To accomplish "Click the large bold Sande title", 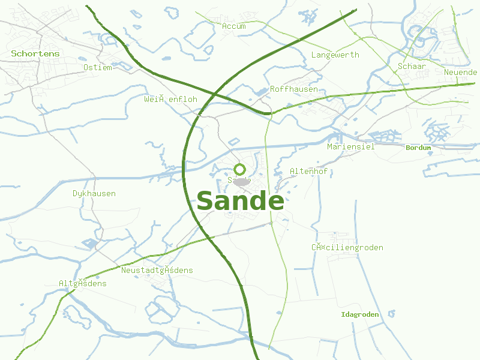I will pyautogui.click(x=240, y=202).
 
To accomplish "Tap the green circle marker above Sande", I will pyautogui.click(x=239, y=169).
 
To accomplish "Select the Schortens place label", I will pyautogui.click(x=35, y=53).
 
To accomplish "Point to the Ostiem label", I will pyautogui.click(x=98, y=67).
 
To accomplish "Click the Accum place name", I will pyautogui.click(x=234, y=26).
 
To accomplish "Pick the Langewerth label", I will pyautogui.click(x=335, y=55).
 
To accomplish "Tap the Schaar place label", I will pyautogui.click(x=412, y=66).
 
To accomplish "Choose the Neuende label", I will pyautogui.click(x=460, y=72).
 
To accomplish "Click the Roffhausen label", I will pyautogui.click(x=294, y=89).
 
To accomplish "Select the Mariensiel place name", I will pyautogui.click(x=350, y=146).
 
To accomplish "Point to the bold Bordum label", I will pyautogui.click(x=418, y=147).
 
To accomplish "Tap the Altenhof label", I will pyautogui.click(x=308, y=171).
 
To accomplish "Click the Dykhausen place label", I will pyautogui.click(x=94, y=193).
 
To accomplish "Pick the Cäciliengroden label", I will pyautogui.click(x=347, y=247).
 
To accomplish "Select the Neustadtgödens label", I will pyautogui.click(x=157, y=270).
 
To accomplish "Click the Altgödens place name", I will pyautogui.click(x=82, y=283).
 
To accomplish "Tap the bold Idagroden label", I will pyautogui.click(x=359, y=314).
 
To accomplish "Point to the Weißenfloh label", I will pyautogui.click(x=170, y=98).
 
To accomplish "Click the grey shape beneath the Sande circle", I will pyautogui.click(x=241, y=182).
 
